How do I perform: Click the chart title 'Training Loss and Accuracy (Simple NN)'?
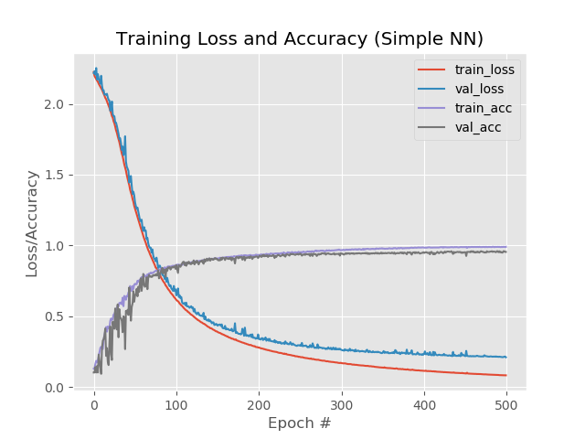tap(299, 38)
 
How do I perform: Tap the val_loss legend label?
tap(480, 89)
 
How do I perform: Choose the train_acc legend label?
tap(482, 108)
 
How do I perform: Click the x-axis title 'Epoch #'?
tap(299, 423)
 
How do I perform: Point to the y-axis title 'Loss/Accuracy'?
tap(32, 223)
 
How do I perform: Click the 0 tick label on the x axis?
tap(94, 402)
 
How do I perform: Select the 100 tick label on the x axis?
tap(176, 402)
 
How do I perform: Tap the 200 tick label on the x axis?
tap(259, 402)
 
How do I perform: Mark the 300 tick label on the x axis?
tap(341, 402)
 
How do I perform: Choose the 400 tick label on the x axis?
tap(423, 402)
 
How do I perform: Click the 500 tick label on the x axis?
tap(506, 402)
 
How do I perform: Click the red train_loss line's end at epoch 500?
tap(505, 375)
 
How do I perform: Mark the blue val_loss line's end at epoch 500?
tap(505, 357)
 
